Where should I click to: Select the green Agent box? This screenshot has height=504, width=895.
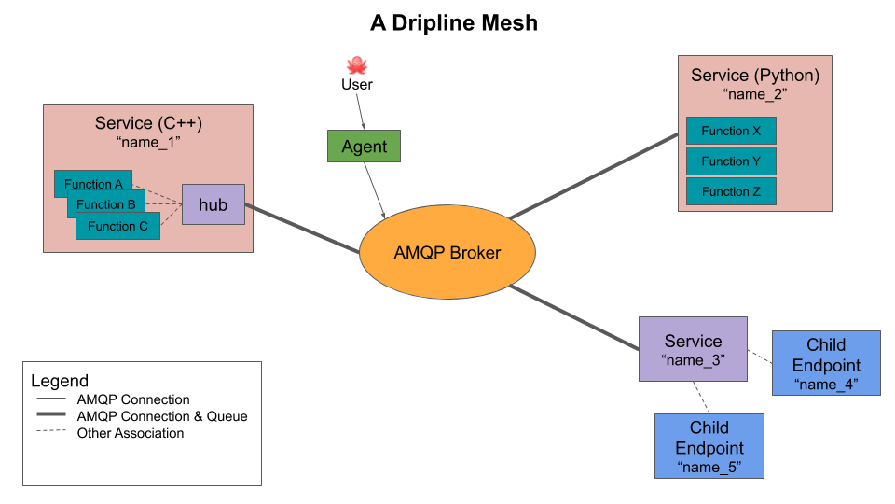[x=364, y=147]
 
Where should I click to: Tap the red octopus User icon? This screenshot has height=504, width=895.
[x=356, y=65]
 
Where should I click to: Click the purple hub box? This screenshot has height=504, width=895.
[x=213, y=204]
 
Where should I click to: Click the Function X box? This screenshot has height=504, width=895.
[x=731, y=131]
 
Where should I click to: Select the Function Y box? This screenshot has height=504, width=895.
[x=731, y=161]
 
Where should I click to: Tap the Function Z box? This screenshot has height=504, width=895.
[x=731, y=191]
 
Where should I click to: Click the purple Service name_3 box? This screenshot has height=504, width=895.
[x=693, y=349]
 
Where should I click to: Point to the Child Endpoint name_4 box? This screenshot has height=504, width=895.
[x=826, y=363]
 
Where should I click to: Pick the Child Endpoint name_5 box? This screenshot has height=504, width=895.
[x=709, y=446]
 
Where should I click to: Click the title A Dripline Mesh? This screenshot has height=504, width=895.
[x=454, y=23]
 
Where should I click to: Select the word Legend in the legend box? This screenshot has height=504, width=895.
[x=60, y=381]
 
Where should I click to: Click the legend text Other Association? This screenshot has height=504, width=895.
[x=131, y=433]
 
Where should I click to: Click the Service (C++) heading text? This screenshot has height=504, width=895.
[x=148, y=123]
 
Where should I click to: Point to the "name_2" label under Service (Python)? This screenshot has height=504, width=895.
[x=755, y=94]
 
